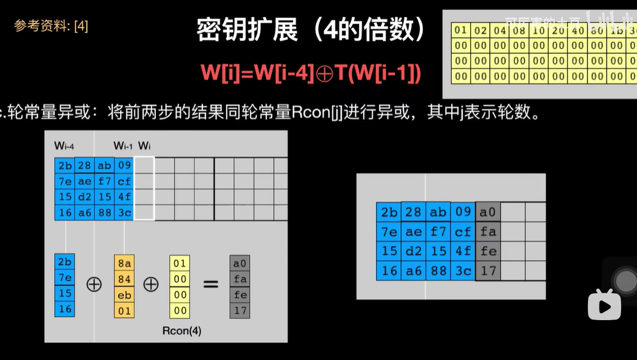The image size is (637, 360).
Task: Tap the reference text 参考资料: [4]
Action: [51, 26]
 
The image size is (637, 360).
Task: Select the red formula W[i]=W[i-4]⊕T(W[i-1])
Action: [311, 73]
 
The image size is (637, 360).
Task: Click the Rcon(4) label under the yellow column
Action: [181, 331]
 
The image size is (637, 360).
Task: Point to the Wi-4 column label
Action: [64, 146]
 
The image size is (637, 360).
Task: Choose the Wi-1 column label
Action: [123, 146]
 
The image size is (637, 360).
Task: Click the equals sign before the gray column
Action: [210, 285]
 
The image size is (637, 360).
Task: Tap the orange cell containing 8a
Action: [124, 262]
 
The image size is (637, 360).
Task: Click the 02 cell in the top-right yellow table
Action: [481, 30]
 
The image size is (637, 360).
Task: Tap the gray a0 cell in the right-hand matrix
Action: [487, 212]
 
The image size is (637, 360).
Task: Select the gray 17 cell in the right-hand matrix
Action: [487, 270]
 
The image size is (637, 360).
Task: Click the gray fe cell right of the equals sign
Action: [240, 294]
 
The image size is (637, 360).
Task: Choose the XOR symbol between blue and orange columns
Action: [94, 285]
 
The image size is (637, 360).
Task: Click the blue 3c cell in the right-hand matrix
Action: [463, 270]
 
